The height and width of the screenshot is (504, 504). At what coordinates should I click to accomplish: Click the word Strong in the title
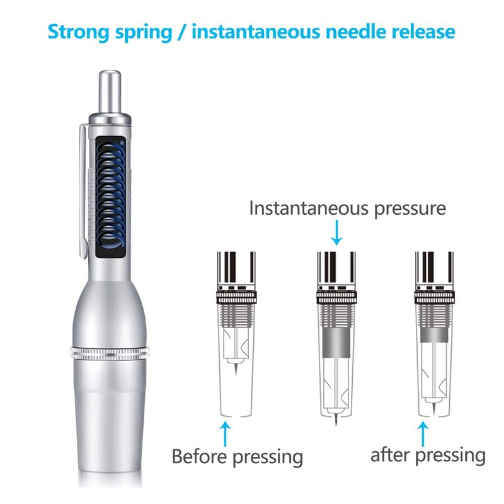click(78, 31)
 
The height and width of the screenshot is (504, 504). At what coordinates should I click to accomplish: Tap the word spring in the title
click(144, 33)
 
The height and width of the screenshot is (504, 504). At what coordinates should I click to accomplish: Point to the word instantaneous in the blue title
click(256, 31)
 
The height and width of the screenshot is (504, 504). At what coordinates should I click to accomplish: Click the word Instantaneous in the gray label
click(309, 209)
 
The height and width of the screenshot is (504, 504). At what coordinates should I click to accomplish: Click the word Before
click(199, 456)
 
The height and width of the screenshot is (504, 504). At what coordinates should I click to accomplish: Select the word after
click(390, 455)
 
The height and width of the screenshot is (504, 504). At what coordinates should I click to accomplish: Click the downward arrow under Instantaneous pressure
click(336, 232)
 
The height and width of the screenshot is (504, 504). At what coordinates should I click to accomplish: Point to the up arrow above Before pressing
click(226, 434)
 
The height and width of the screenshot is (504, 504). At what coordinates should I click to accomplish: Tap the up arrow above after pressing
click(423, 434)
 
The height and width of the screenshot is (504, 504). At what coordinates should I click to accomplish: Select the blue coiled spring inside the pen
click(111, 196)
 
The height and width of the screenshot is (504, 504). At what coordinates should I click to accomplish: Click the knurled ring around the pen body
click(110, 353)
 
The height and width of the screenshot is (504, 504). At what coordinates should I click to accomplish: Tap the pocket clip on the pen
click(83, 192)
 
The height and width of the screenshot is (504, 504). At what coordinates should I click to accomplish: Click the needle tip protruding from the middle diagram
click(336, 420)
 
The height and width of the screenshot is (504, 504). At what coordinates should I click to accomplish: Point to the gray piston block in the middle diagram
click(336, 343)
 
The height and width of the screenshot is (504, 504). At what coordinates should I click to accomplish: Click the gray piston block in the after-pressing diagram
click(434, 335)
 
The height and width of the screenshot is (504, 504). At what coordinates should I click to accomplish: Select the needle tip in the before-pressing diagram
click(236, 369)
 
